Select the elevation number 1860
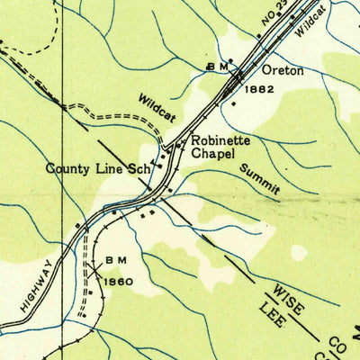[118, 282]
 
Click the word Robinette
[219, 141]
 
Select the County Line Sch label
[98, 168]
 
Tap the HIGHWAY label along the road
[35, 276]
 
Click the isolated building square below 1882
[235, 104]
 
